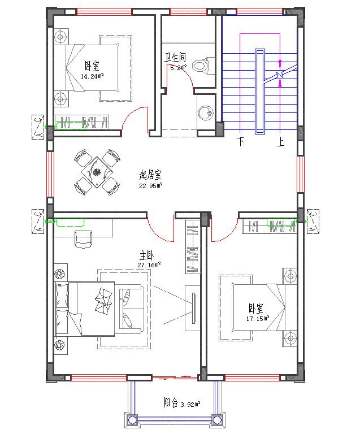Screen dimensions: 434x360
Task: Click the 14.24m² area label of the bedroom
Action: [x=91, y=76]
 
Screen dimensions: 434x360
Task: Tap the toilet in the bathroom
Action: [x=201, y=65]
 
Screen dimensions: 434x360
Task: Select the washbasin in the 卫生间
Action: [x=206, y=113]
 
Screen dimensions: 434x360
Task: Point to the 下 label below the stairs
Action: [x=241, y=142]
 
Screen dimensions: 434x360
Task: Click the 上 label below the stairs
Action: [x=280, y=142]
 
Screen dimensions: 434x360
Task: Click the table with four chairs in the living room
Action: [x=97, y=171]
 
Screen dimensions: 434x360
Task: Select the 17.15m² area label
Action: [x=257, y=318]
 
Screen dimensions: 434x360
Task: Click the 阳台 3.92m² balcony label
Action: [x=183, y=403]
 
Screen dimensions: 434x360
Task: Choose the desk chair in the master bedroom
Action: [x=84, y=238]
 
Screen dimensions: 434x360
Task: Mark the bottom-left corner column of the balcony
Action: [x=132, y=420]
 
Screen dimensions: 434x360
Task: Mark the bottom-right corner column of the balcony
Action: [x=217, y=420]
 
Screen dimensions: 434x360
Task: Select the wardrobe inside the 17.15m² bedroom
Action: [x=270, y=226]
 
